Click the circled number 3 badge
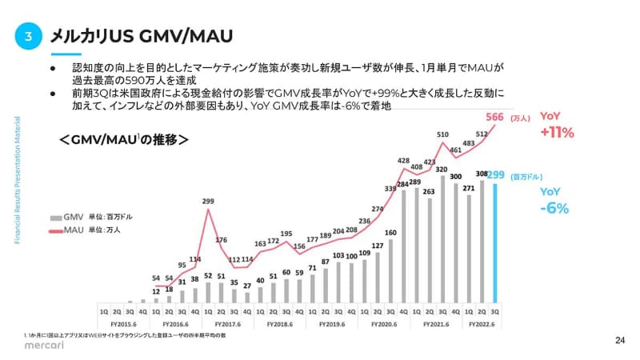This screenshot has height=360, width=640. tap(28, 35)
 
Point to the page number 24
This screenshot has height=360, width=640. tap(619, 340)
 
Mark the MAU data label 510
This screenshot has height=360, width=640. tap(442, 134)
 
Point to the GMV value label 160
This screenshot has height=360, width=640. tap(391, 233)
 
